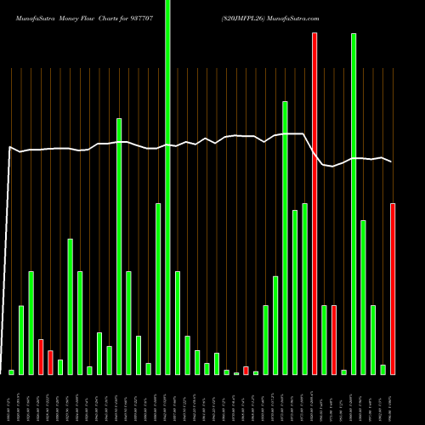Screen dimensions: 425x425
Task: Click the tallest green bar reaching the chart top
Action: (x=167, y=187)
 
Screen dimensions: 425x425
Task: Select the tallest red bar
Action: (x=314, y=204)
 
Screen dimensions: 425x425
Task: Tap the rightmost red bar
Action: (x=393, y=289)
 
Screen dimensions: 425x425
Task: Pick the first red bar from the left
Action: (x=41, y=357)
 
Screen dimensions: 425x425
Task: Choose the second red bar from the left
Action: (x=50, y=362)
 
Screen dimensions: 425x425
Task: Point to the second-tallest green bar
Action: (x=354, y=204)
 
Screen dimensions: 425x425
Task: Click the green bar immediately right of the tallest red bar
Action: (x=324, y=340)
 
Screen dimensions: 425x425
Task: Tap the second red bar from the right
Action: (x=334, y=340)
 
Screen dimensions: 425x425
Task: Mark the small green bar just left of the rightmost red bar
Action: (x=383, y=369)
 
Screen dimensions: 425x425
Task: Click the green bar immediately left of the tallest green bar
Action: (x=158, y=289)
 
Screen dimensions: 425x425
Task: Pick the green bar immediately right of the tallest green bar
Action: (x=178, y=323)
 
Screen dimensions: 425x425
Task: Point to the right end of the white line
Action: (x=391, y=161)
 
